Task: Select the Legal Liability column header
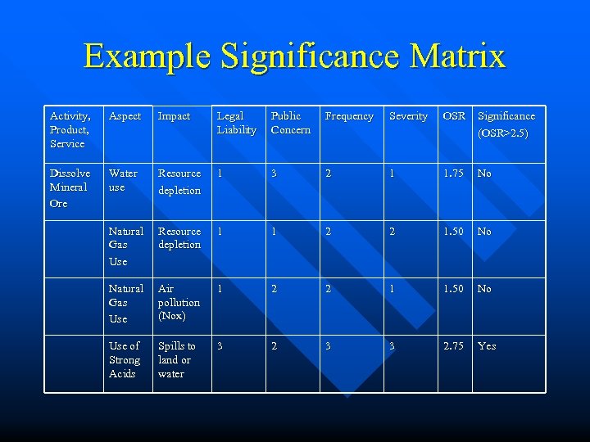[236, 123]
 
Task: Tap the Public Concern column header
[290, 123]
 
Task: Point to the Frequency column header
[349, 116]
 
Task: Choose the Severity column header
[408, 116]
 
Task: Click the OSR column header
[454, 116]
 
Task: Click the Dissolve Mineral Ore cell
[70, 187]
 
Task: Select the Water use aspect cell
[123, 180]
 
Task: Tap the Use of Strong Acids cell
[125, 359]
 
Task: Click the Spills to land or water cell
[176, 359]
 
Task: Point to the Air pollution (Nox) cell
[178, 302]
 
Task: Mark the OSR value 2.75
[453, 346]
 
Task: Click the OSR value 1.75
[453, 174]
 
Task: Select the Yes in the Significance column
[487, 346]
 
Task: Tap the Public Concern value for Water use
[275, 174]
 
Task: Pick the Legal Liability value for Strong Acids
[220, 346]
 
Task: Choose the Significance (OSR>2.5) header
[506, 123]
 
